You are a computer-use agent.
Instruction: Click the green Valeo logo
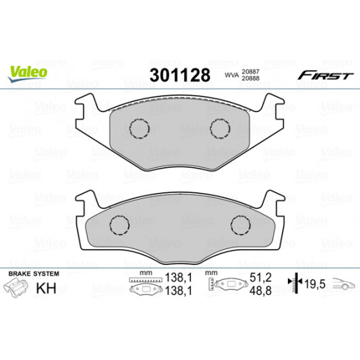click(x=28, y=73)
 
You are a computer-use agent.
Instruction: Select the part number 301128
click(x=180, y=75)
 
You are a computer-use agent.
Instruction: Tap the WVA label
click(x=231, y=75)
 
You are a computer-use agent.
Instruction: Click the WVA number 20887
click(x=251, y=71)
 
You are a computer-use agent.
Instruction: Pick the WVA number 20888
click(x=251, y=78)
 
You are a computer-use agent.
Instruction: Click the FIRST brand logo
click(x=325, y=75)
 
